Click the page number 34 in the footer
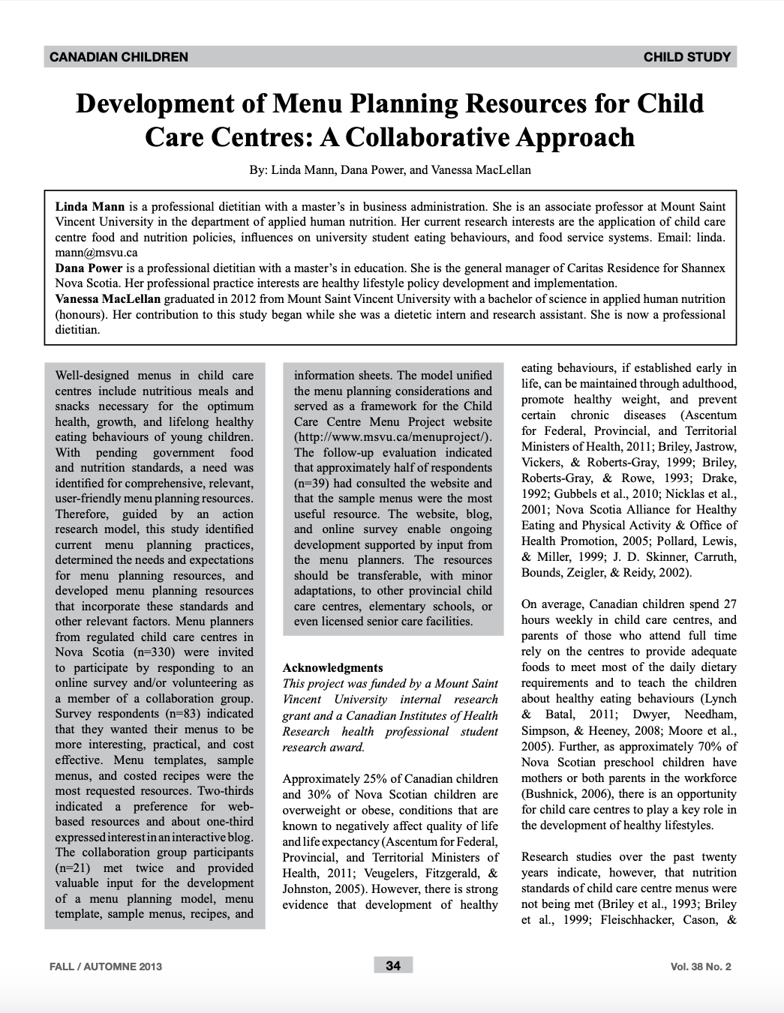[393, 966]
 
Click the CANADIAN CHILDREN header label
[119, 57]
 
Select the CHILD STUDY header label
[686, 57]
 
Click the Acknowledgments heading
[332, 667]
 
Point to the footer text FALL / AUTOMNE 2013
[106, 966]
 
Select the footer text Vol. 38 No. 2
[700, 967]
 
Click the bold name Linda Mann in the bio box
[90, 206]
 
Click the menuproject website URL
[392, 437]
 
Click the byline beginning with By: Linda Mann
[390, 169]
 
